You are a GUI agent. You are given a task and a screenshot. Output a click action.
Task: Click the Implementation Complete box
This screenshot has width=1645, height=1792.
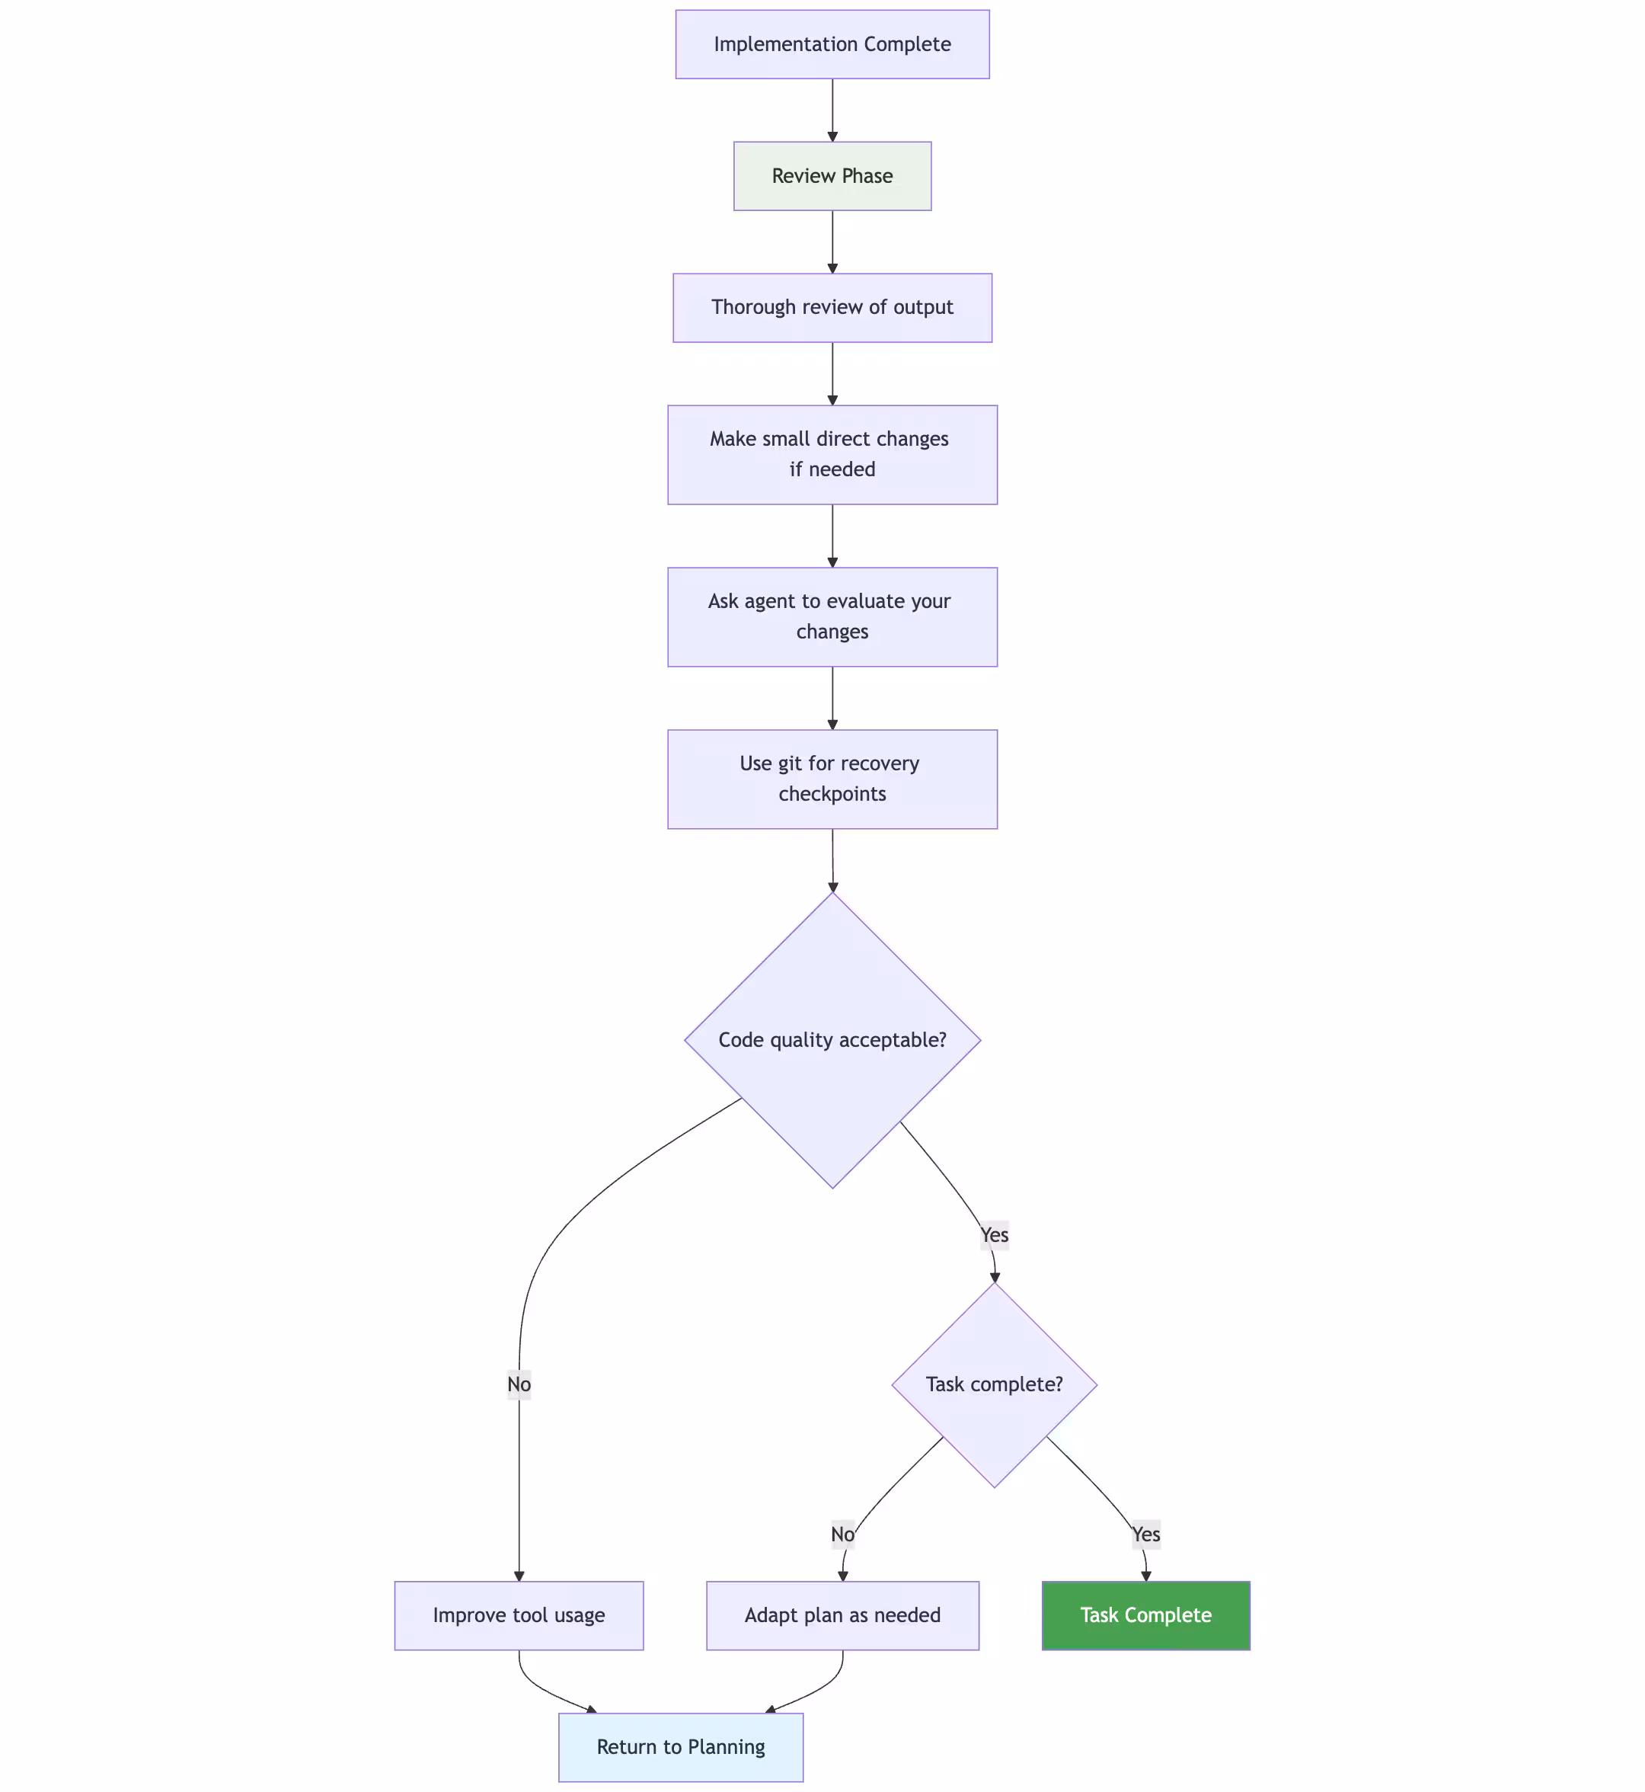pos(832,44)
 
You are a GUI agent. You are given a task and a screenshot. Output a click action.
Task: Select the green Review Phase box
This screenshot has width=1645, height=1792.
pos(832,176)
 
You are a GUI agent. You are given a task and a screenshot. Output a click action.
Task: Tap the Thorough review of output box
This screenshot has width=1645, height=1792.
pos(832,308)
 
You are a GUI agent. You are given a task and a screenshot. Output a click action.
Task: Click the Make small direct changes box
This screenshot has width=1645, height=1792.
pos(832,455)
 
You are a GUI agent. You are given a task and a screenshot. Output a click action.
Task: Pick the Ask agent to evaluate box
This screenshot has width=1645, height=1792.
pos(832,617)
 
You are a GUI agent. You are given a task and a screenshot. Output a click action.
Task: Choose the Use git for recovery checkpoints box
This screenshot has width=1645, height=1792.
pos(832,779)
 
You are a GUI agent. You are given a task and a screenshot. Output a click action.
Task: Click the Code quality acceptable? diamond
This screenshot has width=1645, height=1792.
pos(832,1040)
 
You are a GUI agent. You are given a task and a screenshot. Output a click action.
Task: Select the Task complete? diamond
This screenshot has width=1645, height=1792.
pos(995,1385)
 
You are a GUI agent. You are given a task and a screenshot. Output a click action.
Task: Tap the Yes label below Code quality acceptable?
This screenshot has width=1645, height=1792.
pos(995,1235)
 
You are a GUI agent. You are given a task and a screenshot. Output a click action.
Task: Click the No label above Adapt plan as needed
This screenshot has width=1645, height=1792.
pos(842,1534)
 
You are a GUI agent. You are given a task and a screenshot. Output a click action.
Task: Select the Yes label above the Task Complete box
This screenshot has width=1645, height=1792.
pos(1145,1534)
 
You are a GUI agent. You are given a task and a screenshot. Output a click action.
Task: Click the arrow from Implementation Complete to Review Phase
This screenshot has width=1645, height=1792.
pos(832,110)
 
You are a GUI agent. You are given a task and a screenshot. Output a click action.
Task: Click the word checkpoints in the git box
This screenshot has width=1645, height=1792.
pos(832,795)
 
